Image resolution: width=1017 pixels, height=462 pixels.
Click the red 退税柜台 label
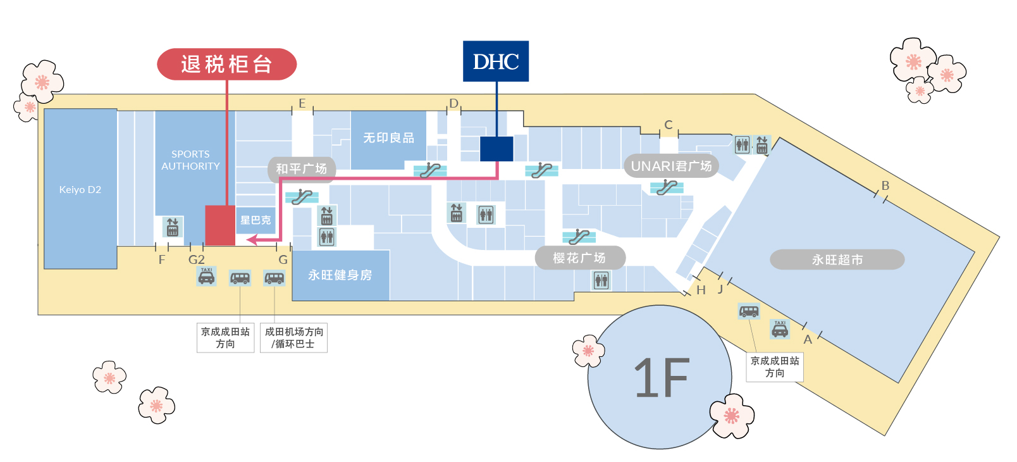226,64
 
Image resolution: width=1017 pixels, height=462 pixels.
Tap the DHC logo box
496,61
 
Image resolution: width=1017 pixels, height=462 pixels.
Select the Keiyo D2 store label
80,189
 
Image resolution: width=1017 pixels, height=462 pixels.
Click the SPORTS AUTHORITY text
190,160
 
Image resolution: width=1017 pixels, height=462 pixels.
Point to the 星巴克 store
255,220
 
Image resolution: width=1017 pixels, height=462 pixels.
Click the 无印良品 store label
388,137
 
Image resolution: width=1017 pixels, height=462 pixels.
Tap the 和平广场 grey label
302,169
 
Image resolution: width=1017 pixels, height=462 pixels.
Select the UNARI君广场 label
671,166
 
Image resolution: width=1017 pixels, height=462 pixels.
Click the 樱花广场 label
580,258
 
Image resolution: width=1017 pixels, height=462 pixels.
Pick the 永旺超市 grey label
837,260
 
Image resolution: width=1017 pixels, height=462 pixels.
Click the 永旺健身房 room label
340,275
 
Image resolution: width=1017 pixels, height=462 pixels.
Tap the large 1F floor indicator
660,377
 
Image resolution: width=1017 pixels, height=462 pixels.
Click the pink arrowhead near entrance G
252,239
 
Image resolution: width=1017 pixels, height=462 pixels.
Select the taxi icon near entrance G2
206,277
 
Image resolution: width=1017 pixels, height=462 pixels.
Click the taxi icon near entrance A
780,329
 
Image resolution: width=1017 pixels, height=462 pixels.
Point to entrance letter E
302,104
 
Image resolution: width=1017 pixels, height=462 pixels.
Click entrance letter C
669,125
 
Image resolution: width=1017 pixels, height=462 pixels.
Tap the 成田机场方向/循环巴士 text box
293,337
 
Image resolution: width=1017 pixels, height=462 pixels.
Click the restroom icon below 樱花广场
601,280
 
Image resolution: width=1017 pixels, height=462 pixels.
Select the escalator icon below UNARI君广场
667,187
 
